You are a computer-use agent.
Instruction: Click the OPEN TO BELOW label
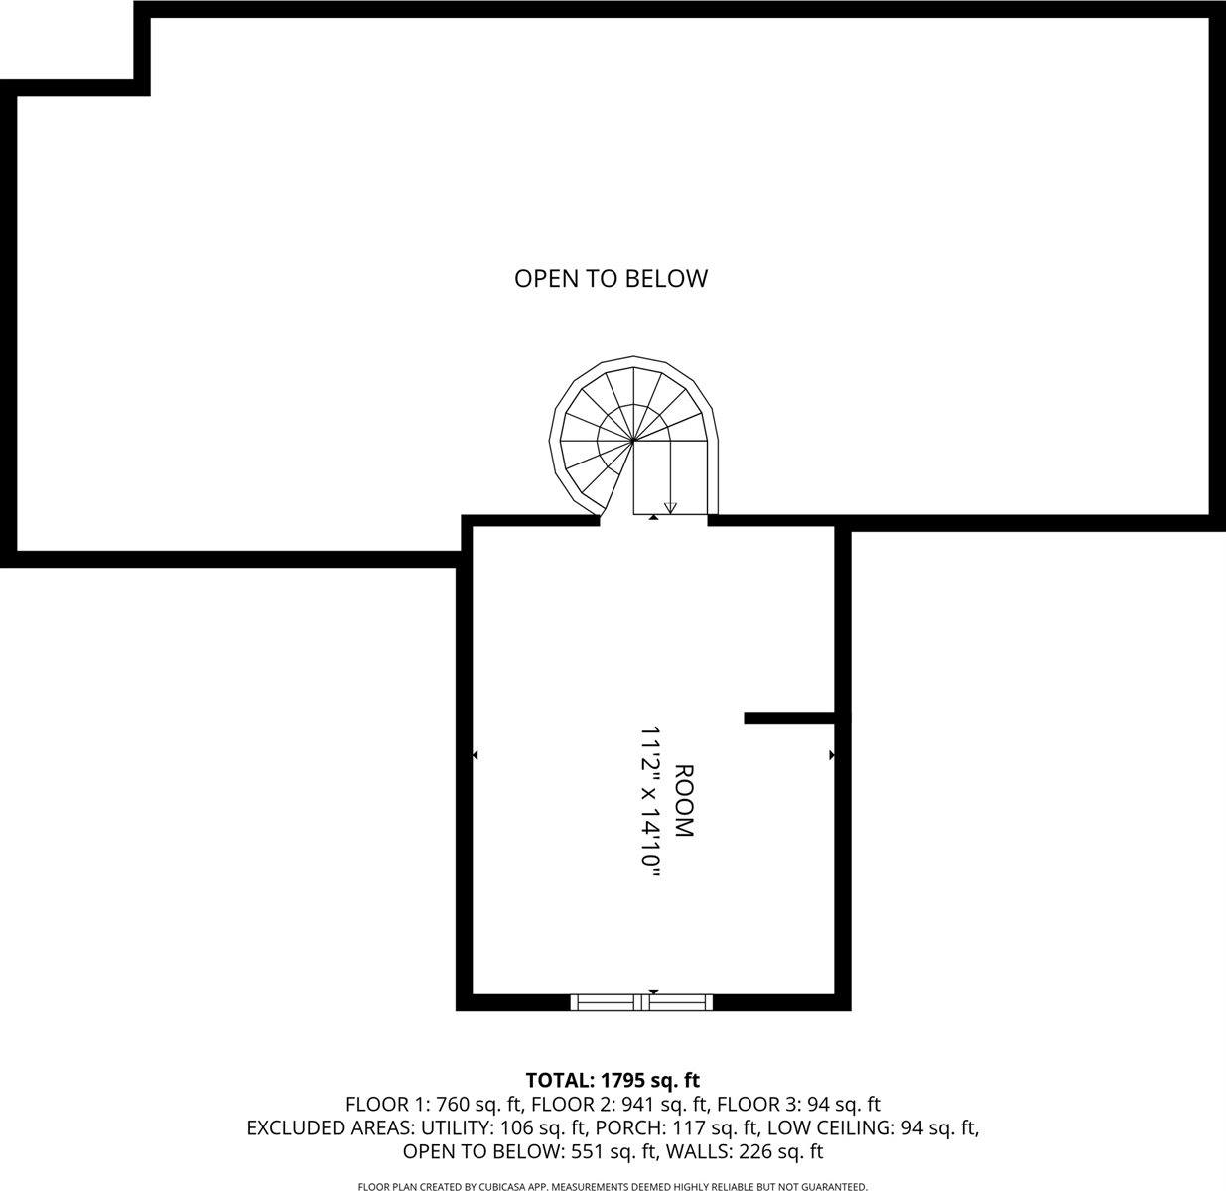tap(611, 279)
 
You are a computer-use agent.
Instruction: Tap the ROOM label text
tap(684, 801)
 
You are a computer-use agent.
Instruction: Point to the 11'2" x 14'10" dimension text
tap(651, 801)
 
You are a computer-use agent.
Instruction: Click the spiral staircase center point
tap(633, 439)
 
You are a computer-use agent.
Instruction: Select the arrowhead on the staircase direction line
tap(670, 508)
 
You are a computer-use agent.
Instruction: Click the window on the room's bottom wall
tap(642, 1002)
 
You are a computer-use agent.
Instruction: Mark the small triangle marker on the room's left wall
tap(476, 756)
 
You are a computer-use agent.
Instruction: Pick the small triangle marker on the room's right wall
tap(831, 756)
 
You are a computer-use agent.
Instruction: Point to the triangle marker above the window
tap(653, 992)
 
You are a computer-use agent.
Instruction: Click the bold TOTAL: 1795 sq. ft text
tap(613, 1080)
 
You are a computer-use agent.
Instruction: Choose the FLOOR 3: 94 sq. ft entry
tap(798, 1104)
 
